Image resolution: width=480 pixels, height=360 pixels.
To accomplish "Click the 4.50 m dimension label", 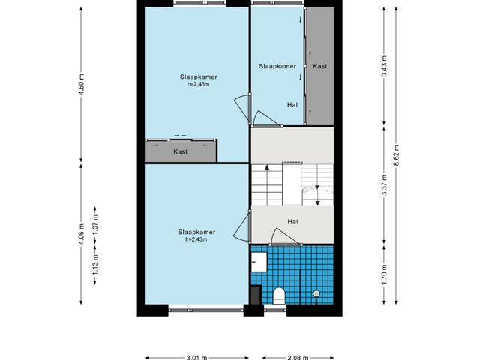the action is click(82, 84).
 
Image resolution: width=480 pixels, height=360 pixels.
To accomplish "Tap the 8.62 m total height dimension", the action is click(397, 155).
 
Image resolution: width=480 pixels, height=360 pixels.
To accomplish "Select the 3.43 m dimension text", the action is click(385, 65).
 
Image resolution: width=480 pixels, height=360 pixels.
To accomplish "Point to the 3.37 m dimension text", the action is click(385, 185).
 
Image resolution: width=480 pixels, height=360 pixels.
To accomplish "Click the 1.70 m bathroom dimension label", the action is click(385, 274).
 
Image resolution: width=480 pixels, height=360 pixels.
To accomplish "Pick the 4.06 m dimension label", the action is click(82, 234).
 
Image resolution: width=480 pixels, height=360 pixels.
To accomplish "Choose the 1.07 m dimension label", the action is click(95, 224).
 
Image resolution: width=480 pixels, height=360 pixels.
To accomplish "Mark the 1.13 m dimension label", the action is click(95, 265).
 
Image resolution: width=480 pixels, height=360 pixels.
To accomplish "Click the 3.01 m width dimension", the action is click(196, 357).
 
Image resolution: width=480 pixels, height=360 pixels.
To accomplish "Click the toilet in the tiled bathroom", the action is click(279, 295).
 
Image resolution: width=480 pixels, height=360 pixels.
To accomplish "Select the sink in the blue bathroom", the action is click(259, 262).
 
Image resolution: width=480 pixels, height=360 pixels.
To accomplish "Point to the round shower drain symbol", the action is click(316, 293).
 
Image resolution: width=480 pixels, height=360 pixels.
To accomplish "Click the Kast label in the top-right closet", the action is click(320, 66).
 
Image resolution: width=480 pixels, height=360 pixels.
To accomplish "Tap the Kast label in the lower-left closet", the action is click(180, 151).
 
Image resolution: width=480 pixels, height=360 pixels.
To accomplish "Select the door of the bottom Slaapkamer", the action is click(243, 226).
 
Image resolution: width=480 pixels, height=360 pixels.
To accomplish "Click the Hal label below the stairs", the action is click(292, 222).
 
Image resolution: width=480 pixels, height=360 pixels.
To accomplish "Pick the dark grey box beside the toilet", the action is click(256, 295).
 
